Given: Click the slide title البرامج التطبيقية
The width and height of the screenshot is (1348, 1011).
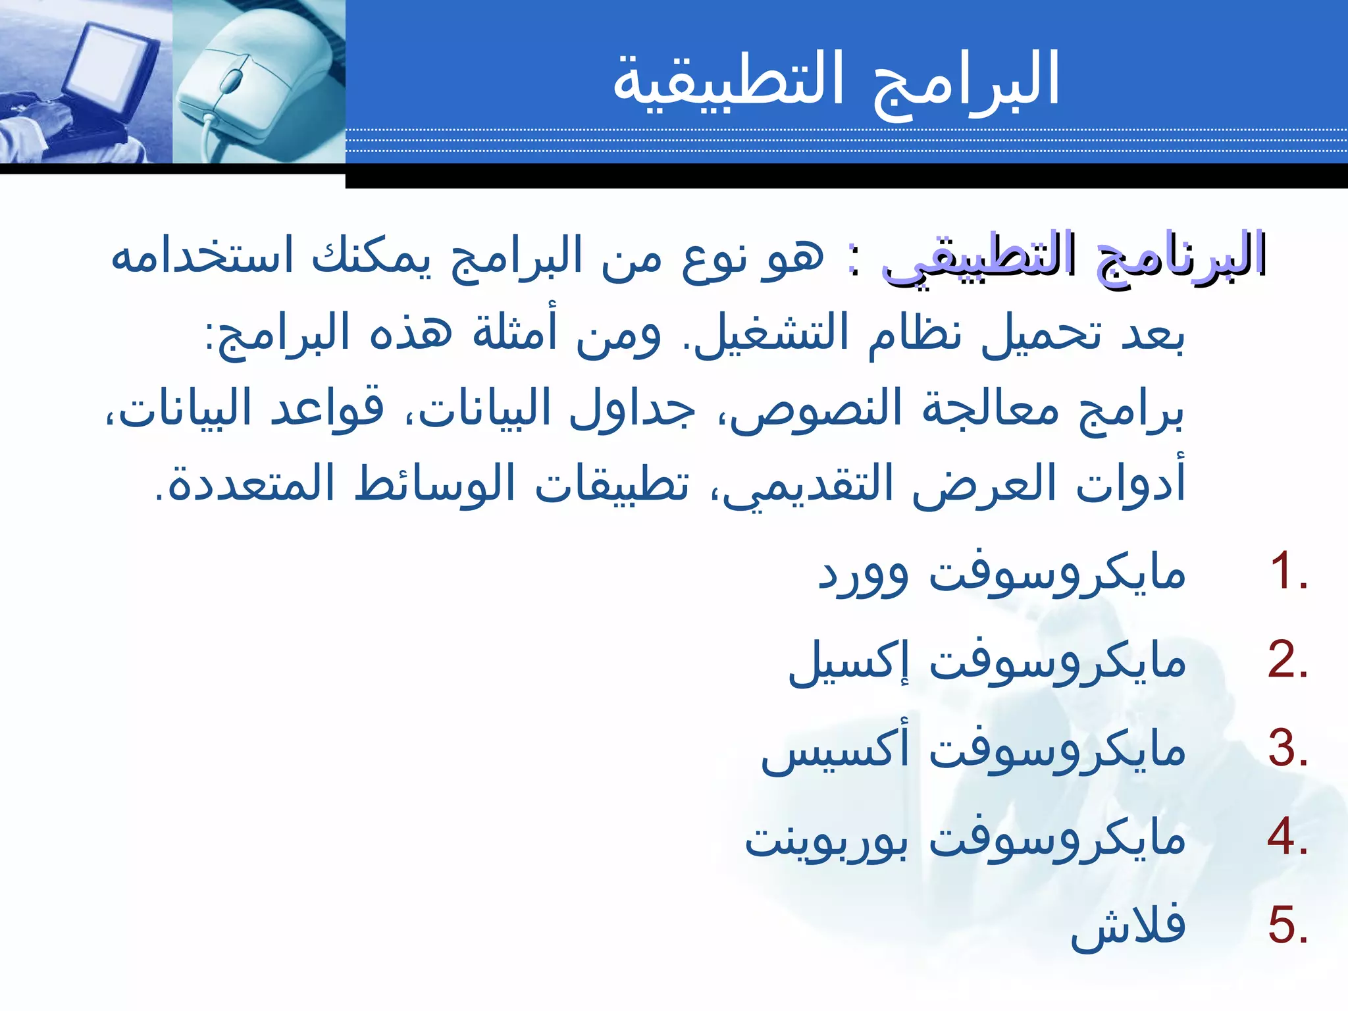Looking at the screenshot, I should coord(836,80).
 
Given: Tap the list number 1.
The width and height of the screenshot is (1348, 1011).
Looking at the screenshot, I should coord(1287,571).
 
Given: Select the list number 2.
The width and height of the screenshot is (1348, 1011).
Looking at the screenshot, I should coord(1287,660).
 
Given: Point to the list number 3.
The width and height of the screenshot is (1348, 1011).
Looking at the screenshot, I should coord(1287,749).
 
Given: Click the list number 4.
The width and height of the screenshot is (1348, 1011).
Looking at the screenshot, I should coord(1287,837).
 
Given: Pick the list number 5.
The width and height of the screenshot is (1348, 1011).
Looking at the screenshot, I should coord(1287,926).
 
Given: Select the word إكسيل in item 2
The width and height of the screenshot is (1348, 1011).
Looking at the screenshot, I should coord(848,661).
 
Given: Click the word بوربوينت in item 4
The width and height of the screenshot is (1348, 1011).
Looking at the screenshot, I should coord(827,839).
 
